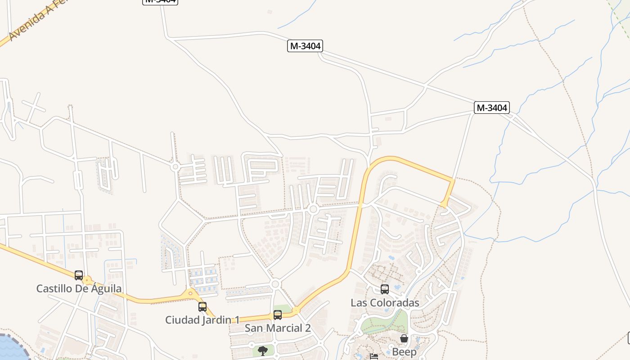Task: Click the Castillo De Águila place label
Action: pos(79,288)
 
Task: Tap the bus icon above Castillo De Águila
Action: pos(79,275)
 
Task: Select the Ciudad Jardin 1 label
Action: pos(202,320)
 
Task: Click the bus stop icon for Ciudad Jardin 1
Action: pos(202,307)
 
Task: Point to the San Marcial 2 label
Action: pos(278,328)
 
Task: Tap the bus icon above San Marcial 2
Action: pos(278,315)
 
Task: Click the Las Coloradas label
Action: pos(385,303)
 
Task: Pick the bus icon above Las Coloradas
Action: pos(385,289)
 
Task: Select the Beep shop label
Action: pos(404,351)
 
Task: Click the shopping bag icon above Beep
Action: pos(404,338)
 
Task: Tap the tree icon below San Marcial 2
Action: pos(262,351)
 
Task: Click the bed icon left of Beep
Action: pos(373,357)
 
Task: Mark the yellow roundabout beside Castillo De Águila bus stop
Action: pos(87,280)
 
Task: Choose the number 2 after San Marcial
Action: pos(307,328)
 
